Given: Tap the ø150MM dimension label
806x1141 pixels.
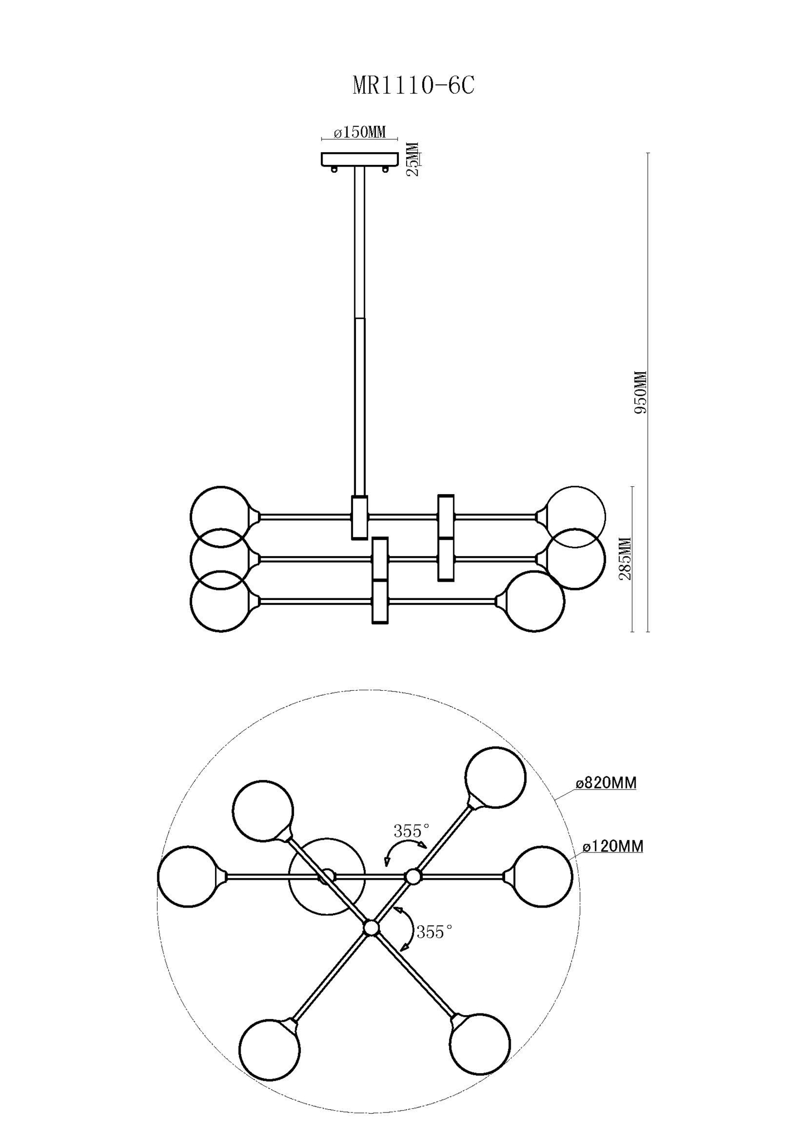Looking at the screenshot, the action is [360, 133].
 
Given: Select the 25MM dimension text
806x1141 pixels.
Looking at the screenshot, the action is [413, 159].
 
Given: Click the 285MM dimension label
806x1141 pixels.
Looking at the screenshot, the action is [626, 559].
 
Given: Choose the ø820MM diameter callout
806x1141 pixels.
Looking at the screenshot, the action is [606, 783].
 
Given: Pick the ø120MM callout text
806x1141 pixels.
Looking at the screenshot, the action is [613, 846].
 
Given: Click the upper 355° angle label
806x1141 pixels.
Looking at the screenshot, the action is [412, 831].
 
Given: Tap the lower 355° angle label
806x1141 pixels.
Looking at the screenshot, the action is [434, 932].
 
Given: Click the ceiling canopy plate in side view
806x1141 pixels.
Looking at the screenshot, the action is [360, 159].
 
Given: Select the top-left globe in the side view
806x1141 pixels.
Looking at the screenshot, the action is [220, 516].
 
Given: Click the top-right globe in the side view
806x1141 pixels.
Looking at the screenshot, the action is [575, 516].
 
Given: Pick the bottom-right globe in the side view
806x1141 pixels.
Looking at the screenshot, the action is [534, 601].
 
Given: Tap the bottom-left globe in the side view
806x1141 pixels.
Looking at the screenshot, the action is [220, 601].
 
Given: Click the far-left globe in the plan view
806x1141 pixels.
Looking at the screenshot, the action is [188, 876].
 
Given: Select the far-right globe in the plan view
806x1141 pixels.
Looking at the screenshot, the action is [541, 876].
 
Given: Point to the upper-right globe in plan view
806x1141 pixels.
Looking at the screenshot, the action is [495, 777].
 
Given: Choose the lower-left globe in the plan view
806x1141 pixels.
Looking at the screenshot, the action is [270, 1050].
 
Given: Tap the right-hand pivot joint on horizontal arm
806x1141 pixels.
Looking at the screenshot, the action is [413, 876].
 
